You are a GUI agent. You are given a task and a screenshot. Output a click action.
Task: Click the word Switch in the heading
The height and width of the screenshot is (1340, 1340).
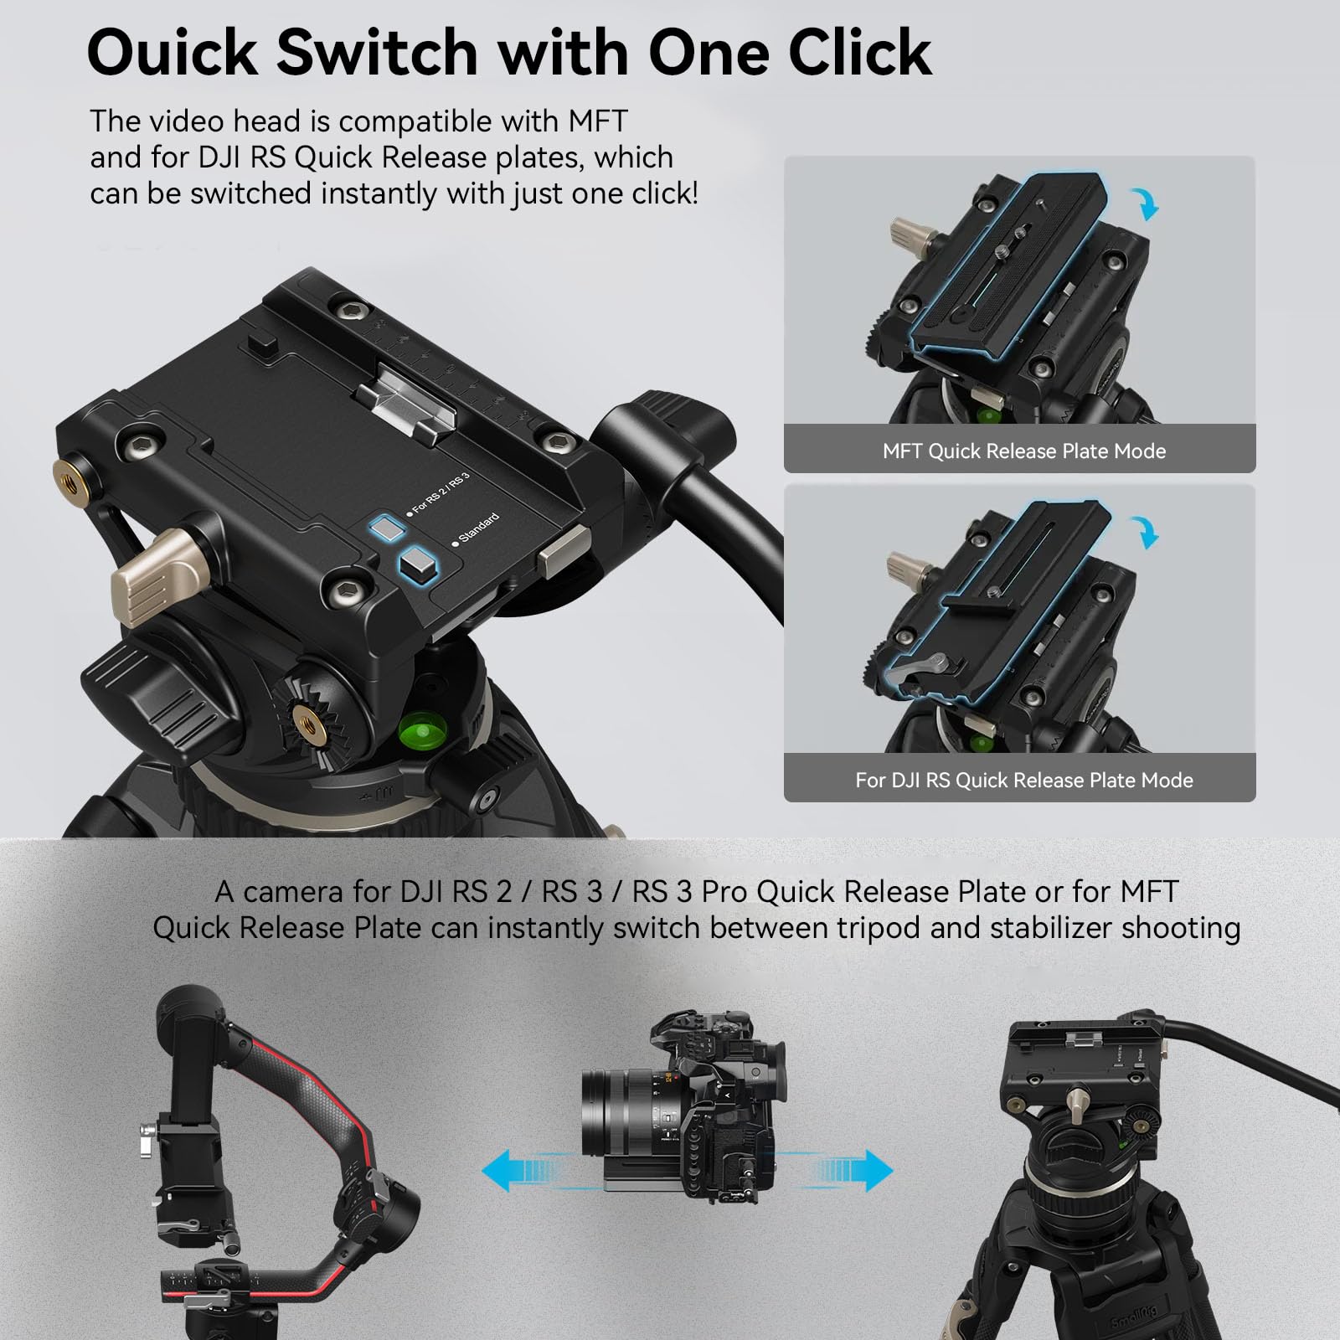(376, 53)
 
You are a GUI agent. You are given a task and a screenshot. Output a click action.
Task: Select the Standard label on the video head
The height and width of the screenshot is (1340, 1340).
(477, 528)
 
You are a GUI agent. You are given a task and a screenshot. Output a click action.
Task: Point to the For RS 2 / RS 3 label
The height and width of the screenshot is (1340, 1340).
(439, 493)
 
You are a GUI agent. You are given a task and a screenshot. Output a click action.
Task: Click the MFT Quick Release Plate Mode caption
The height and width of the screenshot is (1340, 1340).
(1023, 451)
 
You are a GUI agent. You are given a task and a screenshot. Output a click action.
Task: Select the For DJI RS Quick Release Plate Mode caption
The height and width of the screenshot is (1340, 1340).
(1023, 781)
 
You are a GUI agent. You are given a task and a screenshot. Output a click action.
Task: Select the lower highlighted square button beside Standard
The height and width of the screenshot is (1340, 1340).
(418, 564)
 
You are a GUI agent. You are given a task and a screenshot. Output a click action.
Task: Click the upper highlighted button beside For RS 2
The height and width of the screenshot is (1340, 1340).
(387, 528)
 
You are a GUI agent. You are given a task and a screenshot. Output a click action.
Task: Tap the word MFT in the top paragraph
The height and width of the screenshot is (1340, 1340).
(597, 121)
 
